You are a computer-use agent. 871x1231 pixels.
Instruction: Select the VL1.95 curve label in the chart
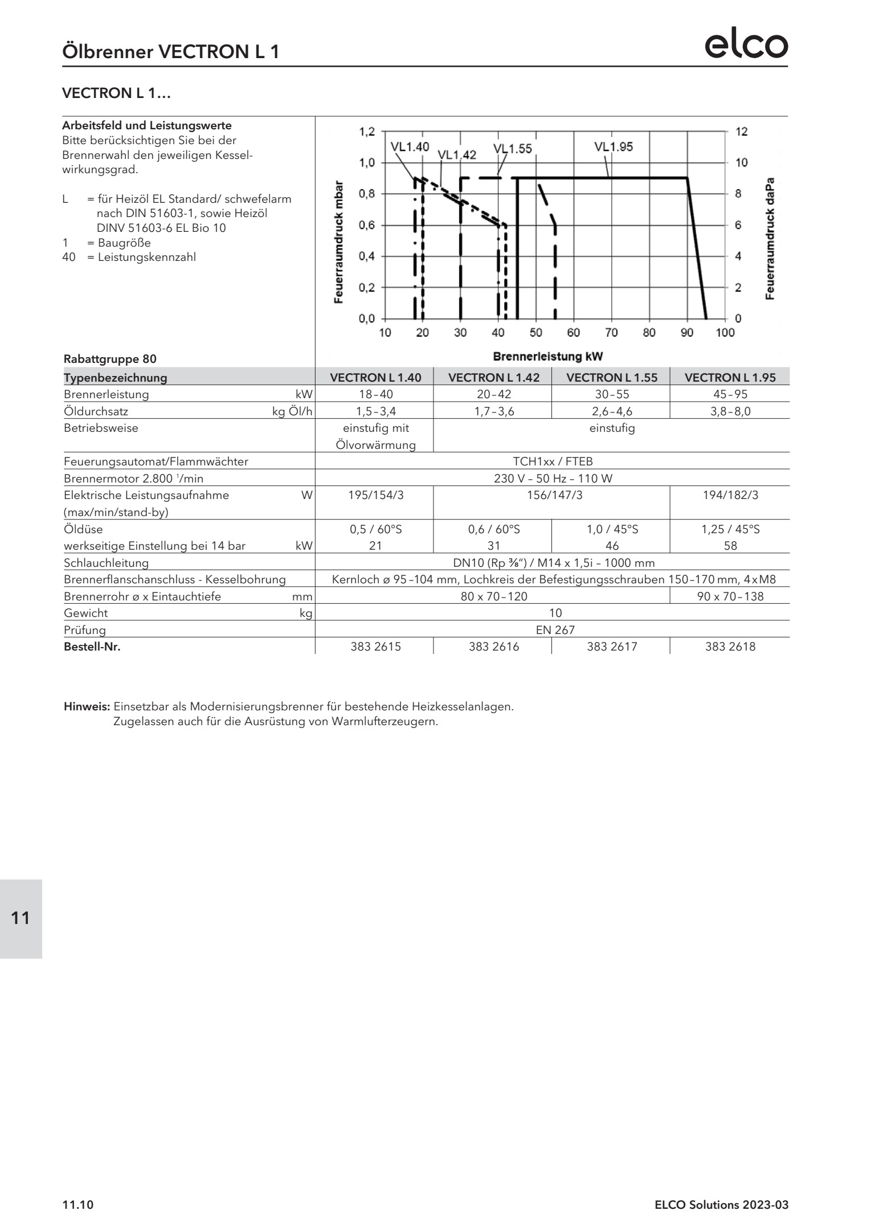click(x=613, y=147)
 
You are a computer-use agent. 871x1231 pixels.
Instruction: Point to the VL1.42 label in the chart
click(x=457, y=154)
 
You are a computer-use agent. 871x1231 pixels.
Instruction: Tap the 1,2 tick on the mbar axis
click(x=367, y=132)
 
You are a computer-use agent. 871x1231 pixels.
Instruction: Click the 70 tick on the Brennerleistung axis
click(x=611, y=333)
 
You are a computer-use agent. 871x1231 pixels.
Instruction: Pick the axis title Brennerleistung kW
click(x=547, y=357)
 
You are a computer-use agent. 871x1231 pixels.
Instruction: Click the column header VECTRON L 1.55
click(x=611, y=377)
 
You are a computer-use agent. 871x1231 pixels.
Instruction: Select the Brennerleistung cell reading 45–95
click(x=730, y=394)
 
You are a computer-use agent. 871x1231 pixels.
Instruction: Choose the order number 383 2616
click(x=493, y=647)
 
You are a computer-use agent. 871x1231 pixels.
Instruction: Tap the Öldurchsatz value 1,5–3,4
click(x=375, y=411)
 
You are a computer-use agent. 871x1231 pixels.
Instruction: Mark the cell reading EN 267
click(x=555, y=630)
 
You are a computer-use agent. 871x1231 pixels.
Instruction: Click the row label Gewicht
click(x=85, y=614)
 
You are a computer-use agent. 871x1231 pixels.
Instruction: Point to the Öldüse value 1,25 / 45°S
click(x=730, y=529)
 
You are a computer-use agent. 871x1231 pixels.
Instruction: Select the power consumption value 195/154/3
click(x=375, y=495)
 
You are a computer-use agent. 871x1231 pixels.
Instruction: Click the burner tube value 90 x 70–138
click(x=730, y=596)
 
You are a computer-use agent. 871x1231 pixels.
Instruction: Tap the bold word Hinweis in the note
click(x=87, y=707)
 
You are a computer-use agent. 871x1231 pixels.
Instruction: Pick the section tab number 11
click(x=21, y=918)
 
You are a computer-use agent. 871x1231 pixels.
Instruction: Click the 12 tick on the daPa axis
click(x=741, y=132)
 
